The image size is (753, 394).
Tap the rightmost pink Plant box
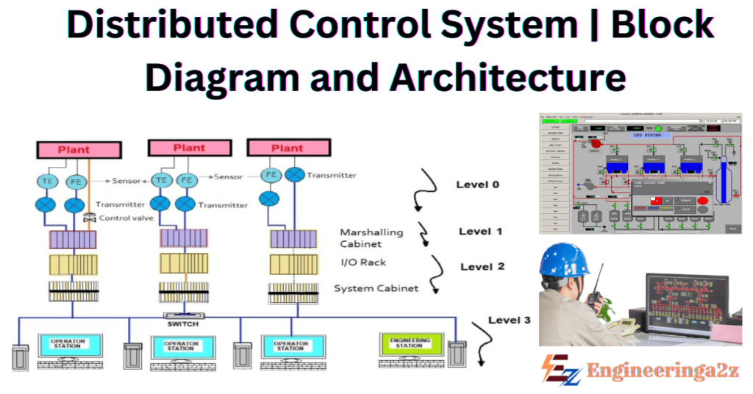(288, 148)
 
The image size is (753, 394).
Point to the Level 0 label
(477, 185)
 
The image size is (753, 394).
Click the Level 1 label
(480, 232)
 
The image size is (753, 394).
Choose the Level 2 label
(482, 266)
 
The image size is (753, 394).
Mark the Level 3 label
(510, 320)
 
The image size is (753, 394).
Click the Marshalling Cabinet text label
(371, 237)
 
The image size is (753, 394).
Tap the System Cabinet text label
(376, 288)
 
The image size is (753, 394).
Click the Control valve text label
(126, 218)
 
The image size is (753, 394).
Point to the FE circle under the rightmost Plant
(269, 175)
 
